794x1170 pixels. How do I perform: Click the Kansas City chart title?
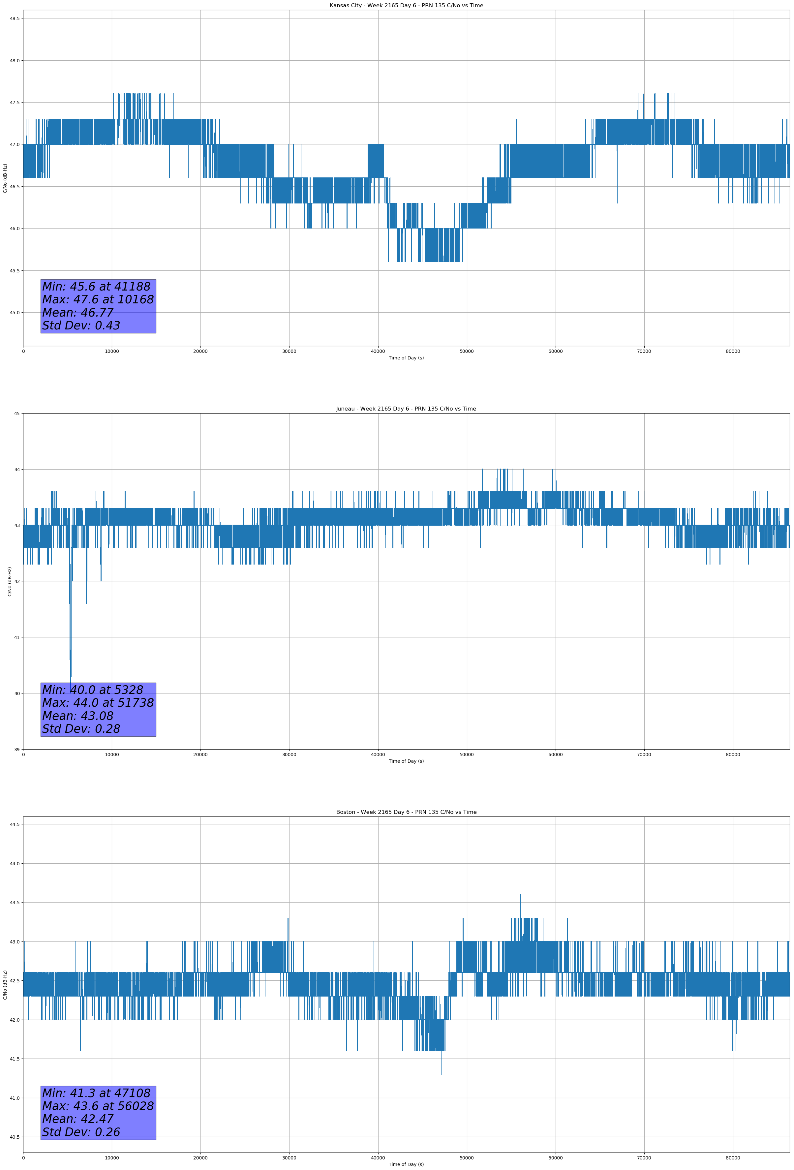[x=406, y=6]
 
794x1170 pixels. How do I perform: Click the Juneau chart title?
[x=406, y=409]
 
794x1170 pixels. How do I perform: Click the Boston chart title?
[x=406, y=812]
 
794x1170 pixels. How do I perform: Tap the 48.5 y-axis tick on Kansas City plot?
[x=15, y=18]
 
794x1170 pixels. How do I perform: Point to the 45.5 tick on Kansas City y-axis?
[x=15, y=270]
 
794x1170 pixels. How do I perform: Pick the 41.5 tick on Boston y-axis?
[x=15, y=1059]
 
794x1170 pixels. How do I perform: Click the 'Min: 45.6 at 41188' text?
[x=96, y=287]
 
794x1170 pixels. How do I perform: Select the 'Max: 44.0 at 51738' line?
[x=98, y=703]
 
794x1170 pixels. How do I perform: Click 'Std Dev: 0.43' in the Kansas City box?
[x=81, y=326]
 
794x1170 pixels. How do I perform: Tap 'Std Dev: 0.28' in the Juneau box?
[x=81, y=729]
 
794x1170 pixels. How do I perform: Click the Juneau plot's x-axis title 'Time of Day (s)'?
[x=406, y=761]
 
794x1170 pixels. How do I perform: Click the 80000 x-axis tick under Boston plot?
[x=733, y=1158]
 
